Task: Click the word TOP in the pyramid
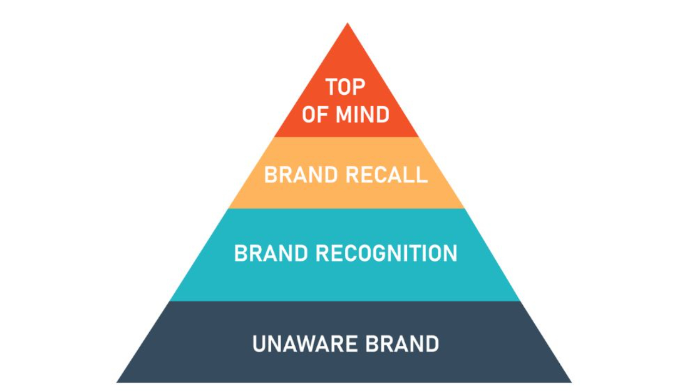point(345,87)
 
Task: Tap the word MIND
point(363,114)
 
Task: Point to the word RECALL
point(387,175)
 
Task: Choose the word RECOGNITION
point(387,253)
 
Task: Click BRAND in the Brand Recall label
point(301,175)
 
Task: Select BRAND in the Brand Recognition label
point(271,253)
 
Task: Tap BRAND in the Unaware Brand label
point(402,344)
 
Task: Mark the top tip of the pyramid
point(347,23)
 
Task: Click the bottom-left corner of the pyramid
point(117,382)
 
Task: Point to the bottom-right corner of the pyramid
point(572,382)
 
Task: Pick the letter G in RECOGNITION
point(380,253)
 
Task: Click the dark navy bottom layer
point(344,342)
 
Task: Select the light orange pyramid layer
point(346,173)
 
